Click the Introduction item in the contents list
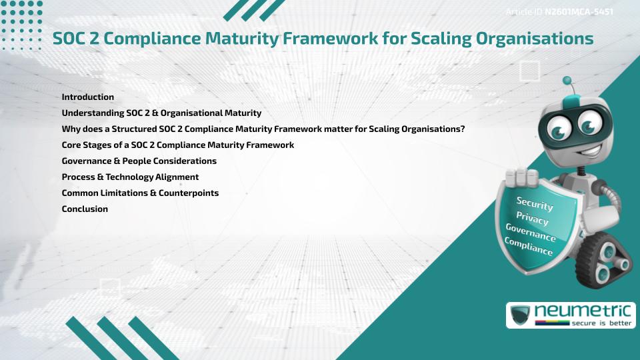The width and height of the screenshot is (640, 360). coord(88,97)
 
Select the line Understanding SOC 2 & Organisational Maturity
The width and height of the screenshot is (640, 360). coord(161,113)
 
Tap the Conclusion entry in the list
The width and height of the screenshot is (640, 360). coord(85,209)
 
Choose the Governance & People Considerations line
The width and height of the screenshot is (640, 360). coord(139,161)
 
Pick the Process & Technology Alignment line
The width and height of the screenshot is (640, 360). coord(130,177)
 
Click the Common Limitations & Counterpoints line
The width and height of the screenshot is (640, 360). coord(140,193)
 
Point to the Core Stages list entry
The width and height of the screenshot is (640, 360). coord(177,145)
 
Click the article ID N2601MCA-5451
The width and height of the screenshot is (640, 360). coord(579,12)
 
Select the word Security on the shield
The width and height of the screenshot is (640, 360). coord(535,203)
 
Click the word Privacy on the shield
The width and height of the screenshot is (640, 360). coord(532,218)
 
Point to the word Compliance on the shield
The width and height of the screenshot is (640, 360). coord(529,246)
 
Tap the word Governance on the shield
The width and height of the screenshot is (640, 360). coord(530,232)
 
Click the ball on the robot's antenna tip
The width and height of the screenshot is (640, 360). coord(568,81)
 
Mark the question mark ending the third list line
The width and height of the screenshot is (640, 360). coord(462,129)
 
